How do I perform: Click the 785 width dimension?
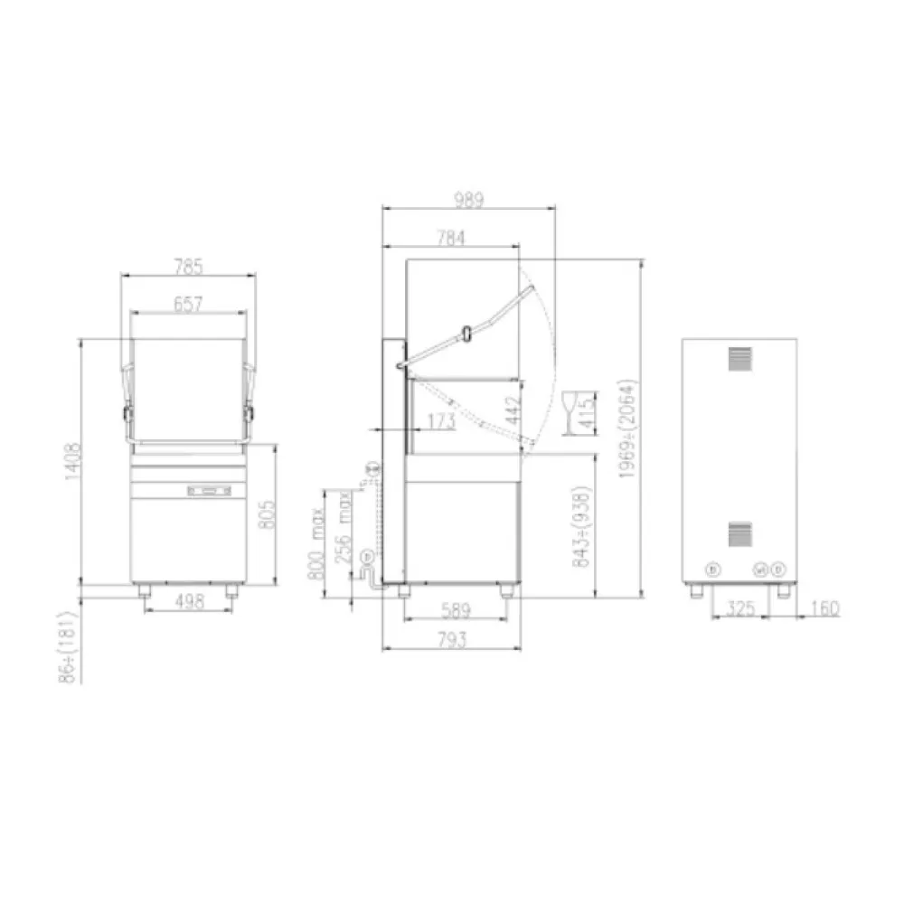pos(188,267)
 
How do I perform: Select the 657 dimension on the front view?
pos(188,305)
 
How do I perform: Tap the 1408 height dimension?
pos(71,464)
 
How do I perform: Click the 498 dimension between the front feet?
pos(188,600)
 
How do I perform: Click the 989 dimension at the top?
pos(467,200)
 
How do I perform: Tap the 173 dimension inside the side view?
pos(440,420)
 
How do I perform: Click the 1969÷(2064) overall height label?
pos(630,428)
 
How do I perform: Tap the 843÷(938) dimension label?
pos(582,527)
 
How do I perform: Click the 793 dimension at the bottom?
pos(452,641)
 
